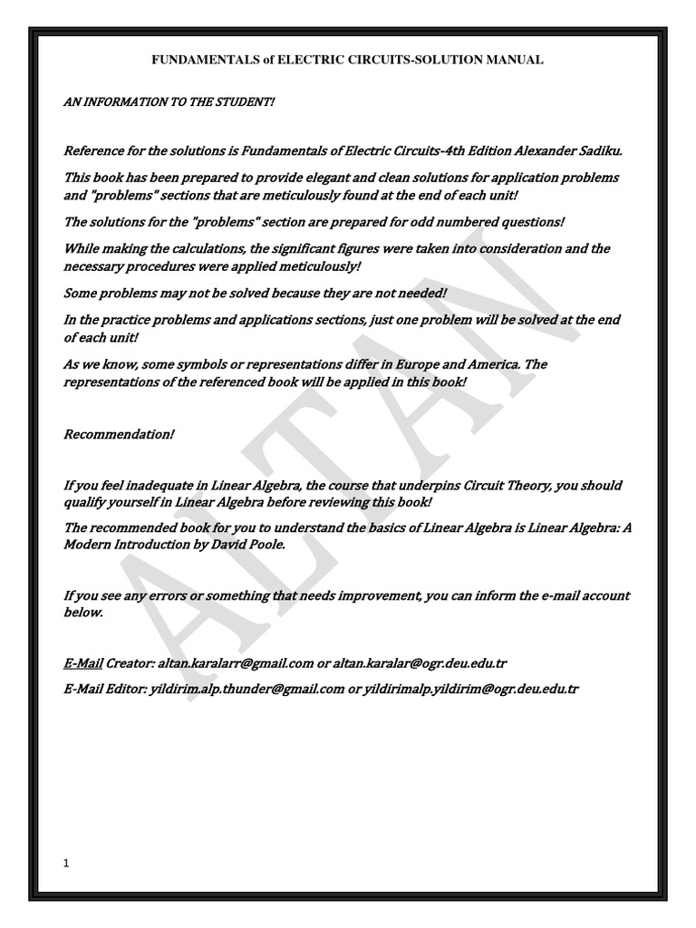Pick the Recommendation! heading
pyautogui.click(x=118, y=434)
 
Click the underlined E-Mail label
pyautogui.click(x=82, y=662)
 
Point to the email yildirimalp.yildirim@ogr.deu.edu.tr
pyautogui.click(x=469, y=689)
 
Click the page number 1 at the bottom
pyautogui.click(x=66, y=864)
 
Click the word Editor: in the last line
pyautogui.click(x=125, y=689)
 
